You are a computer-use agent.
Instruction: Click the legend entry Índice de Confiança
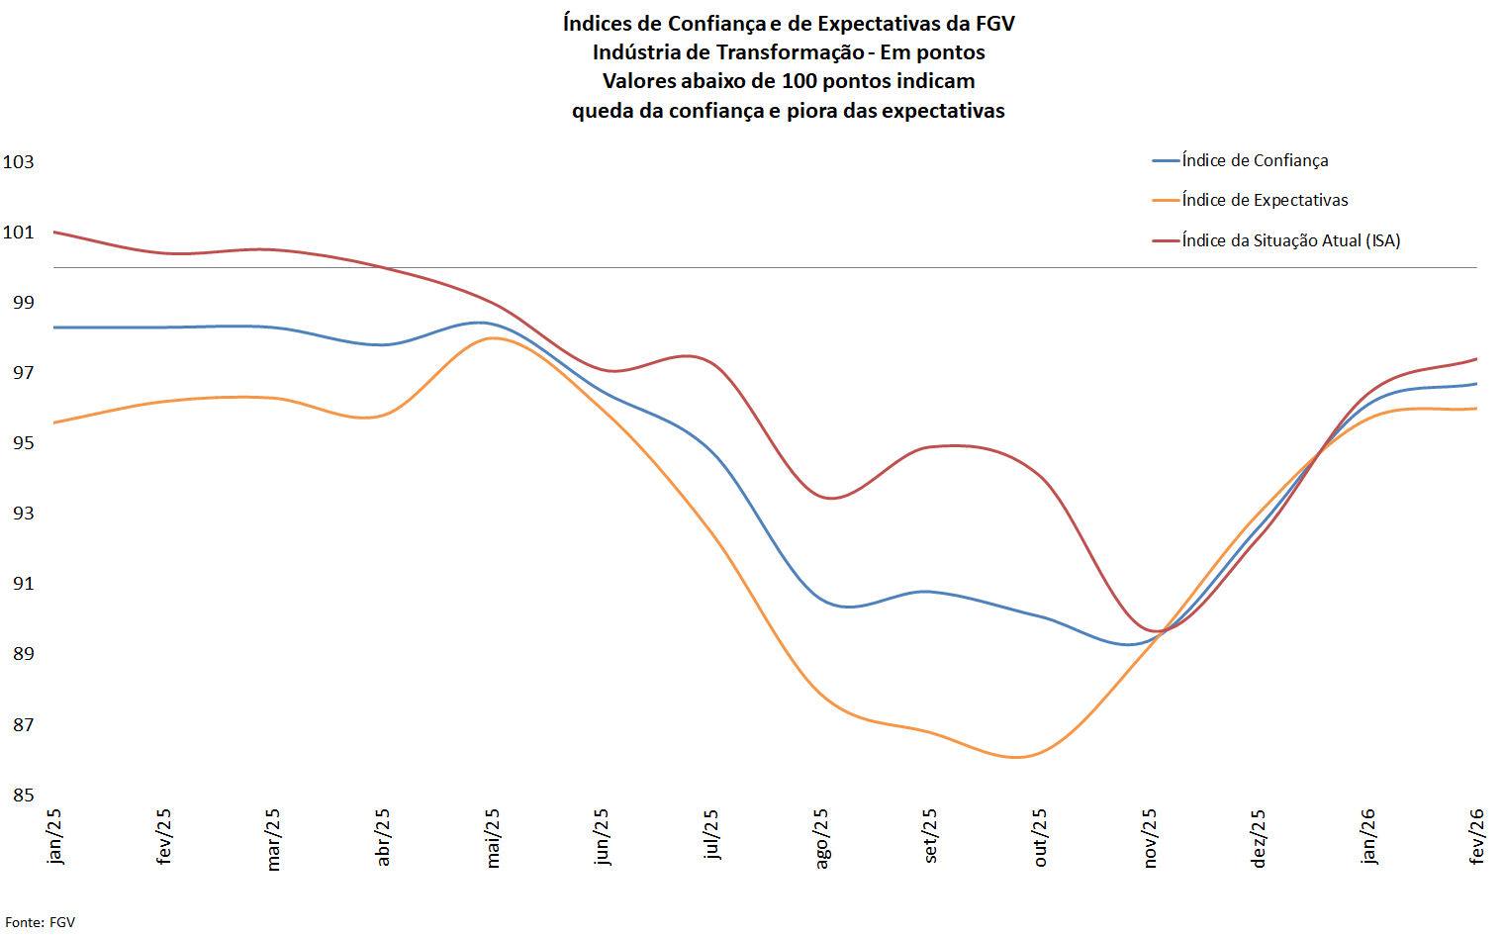1255,160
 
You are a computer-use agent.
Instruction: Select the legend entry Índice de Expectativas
1265,200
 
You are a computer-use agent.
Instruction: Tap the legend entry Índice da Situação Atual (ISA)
1290,240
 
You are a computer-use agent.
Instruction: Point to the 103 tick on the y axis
19,161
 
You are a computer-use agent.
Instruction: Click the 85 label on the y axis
24,795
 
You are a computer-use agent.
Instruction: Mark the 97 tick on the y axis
24,372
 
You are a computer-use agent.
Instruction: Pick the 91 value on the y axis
24,583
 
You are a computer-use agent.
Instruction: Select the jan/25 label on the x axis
54,836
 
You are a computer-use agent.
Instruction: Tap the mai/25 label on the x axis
493,838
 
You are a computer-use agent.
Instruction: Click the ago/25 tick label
821,839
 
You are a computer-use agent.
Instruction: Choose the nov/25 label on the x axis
1150,839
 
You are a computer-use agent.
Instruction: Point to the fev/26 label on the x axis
1477,836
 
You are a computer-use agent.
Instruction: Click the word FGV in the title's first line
994,23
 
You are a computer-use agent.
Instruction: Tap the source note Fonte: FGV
41,922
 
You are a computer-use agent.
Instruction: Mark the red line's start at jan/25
54,233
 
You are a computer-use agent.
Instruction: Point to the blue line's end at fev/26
1476,384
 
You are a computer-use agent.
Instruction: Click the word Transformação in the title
790,52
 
